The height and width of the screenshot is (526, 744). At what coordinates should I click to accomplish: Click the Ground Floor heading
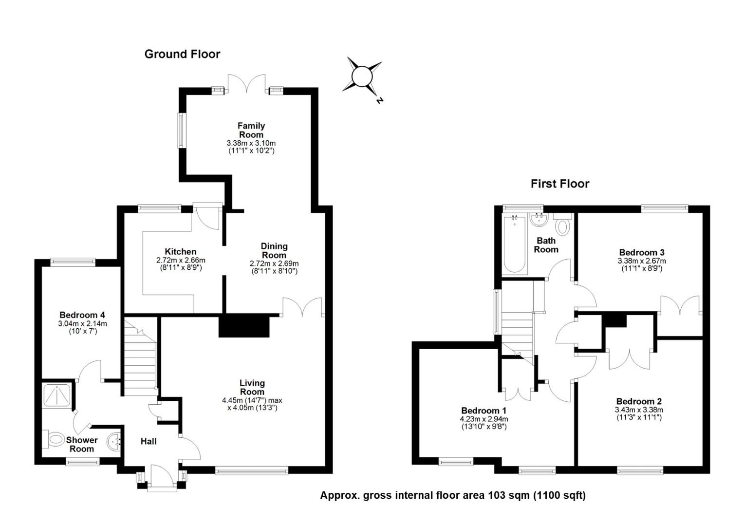(182, 54)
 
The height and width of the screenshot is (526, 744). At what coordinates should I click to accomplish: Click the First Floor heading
(560, 184)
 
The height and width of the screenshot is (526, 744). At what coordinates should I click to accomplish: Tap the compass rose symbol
(362, 77)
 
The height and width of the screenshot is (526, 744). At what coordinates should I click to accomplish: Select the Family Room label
(251, 130)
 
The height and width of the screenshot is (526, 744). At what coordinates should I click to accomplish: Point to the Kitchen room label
(181, 252)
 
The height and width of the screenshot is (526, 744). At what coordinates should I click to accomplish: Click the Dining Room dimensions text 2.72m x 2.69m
(274, 263)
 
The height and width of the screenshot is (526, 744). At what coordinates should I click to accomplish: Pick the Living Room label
(252, 387)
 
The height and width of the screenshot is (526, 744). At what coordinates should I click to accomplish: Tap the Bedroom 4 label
(82, 315)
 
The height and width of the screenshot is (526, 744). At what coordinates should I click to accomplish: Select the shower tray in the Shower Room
(58, 394)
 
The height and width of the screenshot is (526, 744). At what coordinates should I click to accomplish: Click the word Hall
(149, 441)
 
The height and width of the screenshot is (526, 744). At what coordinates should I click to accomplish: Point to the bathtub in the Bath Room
(515, 244)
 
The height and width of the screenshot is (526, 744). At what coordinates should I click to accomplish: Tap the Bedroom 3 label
(642, 252)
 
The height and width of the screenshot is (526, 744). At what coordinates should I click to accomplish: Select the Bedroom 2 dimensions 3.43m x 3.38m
(639, 410)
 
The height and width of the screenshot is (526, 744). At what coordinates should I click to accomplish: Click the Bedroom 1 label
(484, 411)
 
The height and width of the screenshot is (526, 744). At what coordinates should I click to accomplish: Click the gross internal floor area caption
(453, 495)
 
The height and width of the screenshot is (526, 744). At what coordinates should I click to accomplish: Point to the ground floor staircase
(140, 358)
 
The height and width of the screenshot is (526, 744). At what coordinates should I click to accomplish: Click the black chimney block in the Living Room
(244, 326)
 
